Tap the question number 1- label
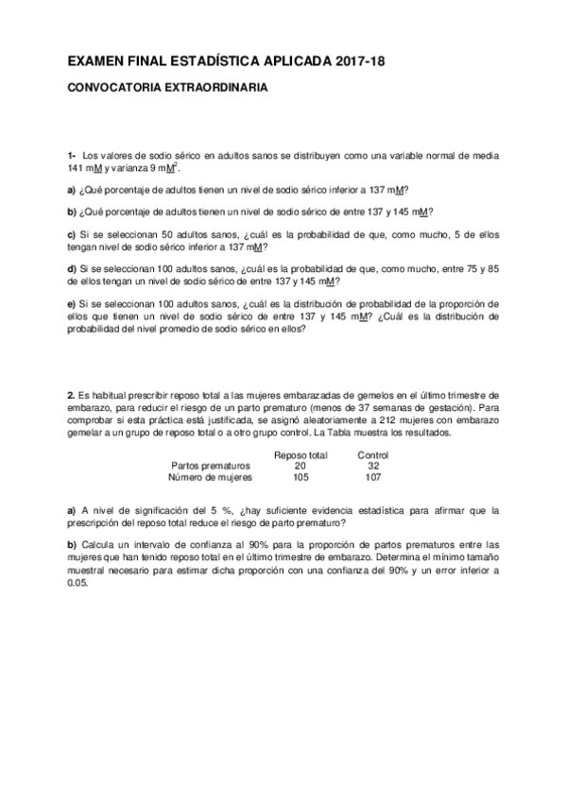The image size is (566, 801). pyautogui.click(x=72, y=154)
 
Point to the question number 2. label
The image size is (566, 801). pyautogui.click(x=71, y=393)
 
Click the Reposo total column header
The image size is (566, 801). pyautogui.click(x=300, y=454)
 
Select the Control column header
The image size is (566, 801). pyautogui.click(x=373, y=454)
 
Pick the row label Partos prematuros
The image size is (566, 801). pyautogui.click(x=211, y=466)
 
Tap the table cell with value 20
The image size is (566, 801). pyautogui.click(x=300, y=466)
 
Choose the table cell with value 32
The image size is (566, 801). pyautogui.click(x=373, y=466)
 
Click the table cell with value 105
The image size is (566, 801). pyautogui.click(x=300, y=477)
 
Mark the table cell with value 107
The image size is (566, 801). pyautogui.click(x=373, y=477)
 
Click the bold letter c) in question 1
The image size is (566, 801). pyautogui.click(x=72, y=233)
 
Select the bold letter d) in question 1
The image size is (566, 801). pyautogui.click(x=72, y=268)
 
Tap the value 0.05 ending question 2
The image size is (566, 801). pyautogui.click(x=77, y=583)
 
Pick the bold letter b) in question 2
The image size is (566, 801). pyautogui.click(x=72, y=546)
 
